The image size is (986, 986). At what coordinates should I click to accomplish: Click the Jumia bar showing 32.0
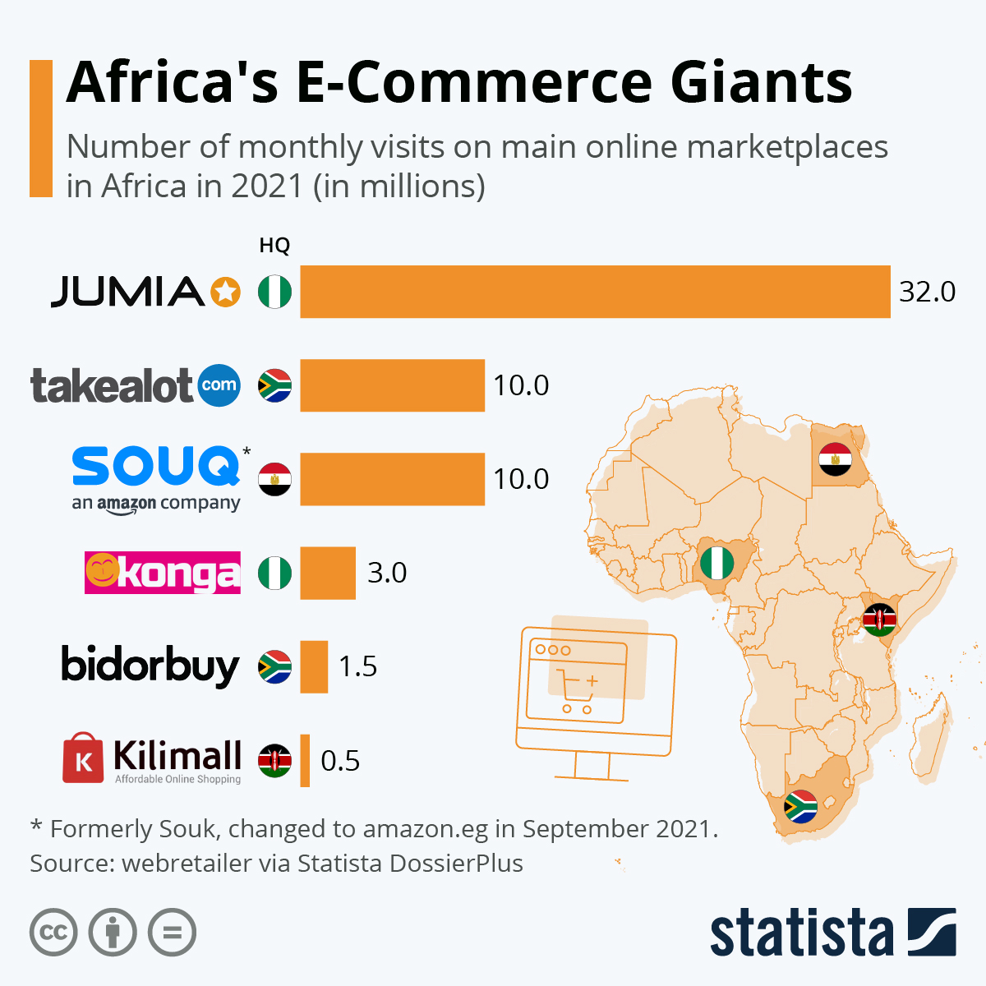(x=595, y=292)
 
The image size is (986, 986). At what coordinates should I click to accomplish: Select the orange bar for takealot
(x=392, y=385)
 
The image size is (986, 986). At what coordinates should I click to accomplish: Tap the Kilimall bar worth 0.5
(x=305, y=760)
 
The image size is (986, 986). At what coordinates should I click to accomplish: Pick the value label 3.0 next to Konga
(x=387, y=573)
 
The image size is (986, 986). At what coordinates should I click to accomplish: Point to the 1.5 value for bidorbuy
(x=358, y=666)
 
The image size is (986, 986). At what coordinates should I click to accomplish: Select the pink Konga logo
(x=163, y=573)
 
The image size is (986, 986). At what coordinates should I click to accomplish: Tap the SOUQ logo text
(x=156, y=467)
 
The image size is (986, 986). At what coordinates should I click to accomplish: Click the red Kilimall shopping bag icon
(x=83, y=758)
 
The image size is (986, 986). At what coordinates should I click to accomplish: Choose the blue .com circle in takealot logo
(x=219, y=385)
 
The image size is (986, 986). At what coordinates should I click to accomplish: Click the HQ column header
(x=274, y=246)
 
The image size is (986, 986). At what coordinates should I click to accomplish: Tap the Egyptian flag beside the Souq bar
(x=274, y=479)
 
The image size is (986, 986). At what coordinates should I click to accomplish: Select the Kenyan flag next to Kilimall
(x=274, y=761)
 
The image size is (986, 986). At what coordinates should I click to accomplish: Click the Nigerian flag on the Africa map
(x=716, y=564)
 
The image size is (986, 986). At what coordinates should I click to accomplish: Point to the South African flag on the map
(x=800, y=807)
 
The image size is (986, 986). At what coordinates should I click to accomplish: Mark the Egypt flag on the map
(x=835, y=460)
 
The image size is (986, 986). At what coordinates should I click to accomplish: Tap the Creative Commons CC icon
(x=53, y=933)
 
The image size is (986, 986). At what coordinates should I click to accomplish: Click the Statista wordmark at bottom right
(x=801, y=933)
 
